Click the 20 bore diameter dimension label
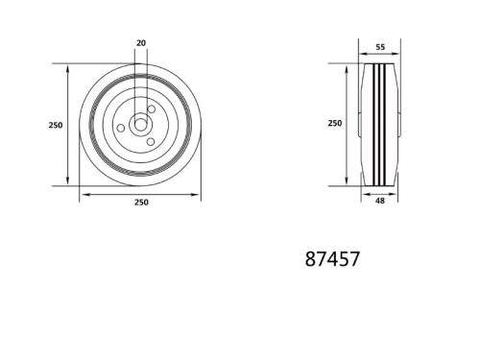pos(141,44)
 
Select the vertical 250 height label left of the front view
pos(55,125)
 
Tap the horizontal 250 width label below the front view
pos(140,202)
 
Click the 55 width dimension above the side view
pos(380,47)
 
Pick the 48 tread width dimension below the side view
pos(380,203)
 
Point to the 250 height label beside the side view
pos(335,124)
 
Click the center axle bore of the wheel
pos(140,124)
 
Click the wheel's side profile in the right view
pos(379,125)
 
